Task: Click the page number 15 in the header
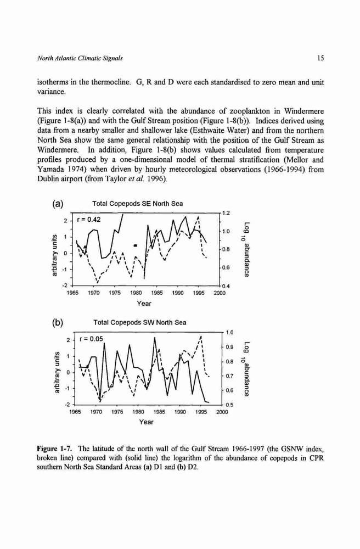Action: pyautogui.click(x=320, y=58)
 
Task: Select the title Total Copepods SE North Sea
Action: pyautogui.click(x=137, y=204)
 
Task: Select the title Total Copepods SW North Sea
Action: pyautogui.click(x=140, y=322)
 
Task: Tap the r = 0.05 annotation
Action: pyautogui.click(x=92, y=339)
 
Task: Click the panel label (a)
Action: pyautogui.click(x=58, y=204)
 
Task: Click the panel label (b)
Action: pyautogui.click(x=58, y=323)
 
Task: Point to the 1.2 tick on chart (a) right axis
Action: pyautogui.click(x=226, y=212)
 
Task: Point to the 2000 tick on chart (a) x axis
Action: pyautogui.click(x=220, y=293)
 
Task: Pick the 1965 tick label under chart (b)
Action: pyautogui.click(x=75, y=412)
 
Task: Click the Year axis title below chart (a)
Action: pyautogui.click(x=144, y=303)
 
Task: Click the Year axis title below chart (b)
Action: pyautogui.click(x=146, y=422)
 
